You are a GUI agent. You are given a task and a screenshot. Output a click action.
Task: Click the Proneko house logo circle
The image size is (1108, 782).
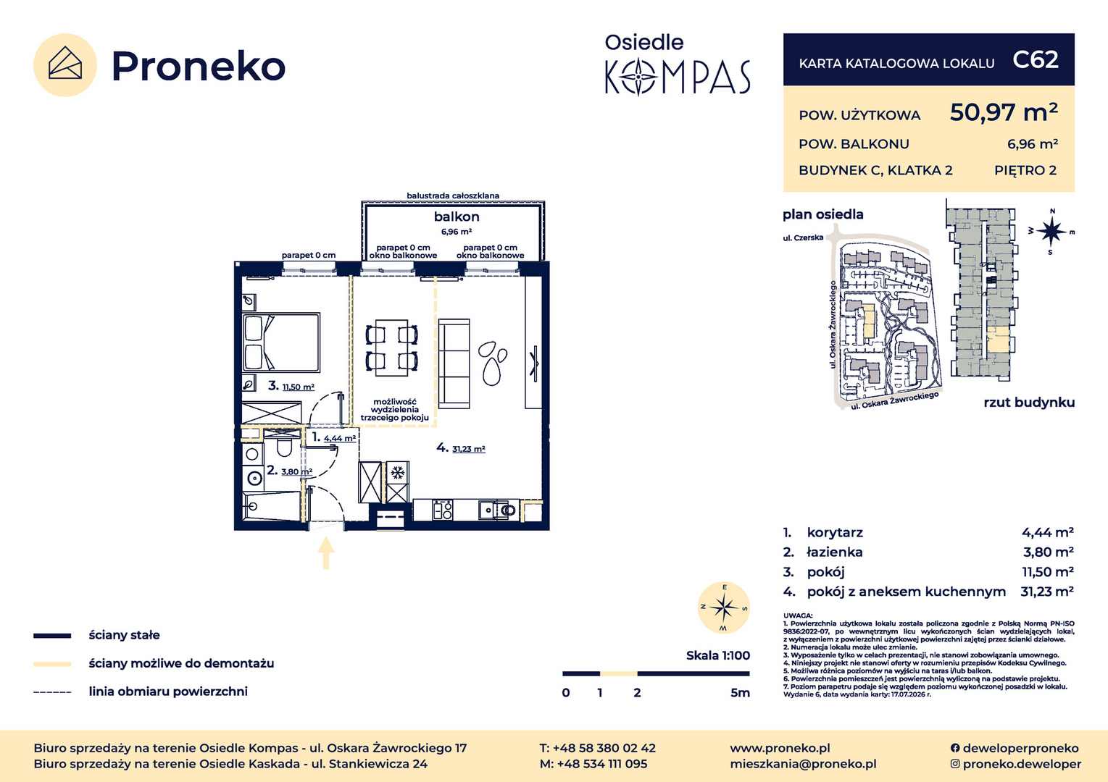tap(64, 64)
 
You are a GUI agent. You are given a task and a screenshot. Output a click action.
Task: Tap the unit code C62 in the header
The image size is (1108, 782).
tap(1036, 60)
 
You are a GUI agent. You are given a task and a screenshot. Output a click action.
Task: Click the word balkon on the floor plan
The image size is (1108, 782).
tap(457, 216)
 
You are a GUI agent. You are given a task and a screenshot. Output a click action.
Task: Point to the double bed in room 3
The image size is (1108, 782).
tap(281, 342)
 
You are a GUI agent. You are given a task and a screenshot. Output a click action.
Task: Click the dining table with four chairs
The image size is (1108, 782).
tap(392, 348)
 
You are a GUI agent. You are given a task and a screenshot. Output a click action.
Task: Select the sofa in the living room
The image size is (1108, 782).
tap(454, 363)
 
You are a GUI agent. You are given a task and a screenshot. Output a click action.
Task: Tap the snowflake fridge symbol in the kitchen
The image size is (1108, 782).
tap(397, 473)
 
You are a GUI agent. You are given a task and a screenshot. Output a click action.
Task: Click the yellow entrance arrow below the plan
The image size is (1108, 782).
tap(325, 552)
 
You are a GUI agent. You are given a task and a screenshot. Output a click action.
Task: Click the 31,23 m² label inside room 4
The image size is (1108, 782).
tap(468, 449)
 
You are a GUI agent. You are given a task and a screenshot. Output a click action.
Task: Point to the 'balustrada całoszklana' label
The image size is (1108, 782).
tap(453, 195)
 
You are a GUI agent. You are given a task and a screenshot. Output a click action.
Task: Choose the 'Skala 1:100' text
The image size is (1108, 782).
tap(717, 655)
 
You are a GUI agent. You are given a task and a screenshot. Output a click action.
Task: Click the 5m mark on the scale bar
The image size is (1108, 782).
tap(740, 693)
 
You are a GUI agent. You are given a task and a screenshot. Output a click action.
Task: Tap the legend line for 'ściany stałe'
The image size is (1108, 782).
tap(52, 636)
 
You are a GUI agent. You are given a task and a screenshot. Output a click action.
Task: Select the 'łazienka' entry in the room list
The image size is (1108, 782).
tap(835, 552)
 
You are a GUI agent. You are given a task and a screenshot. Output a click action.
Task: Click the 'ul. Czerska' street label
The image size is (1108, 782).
tap(803, 237)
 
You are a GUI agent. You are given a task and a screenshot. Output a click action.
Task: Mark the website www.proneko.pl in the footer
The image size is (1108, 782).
tap(780, 748)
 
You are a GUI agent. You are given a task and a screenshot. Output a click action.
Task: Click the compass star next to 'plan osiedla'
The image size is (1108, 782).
tap(1051, 231)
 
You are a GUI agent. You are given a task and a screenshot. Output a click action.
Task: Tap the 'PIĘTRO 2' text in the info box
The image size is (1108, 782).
tap(1025, 171)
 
